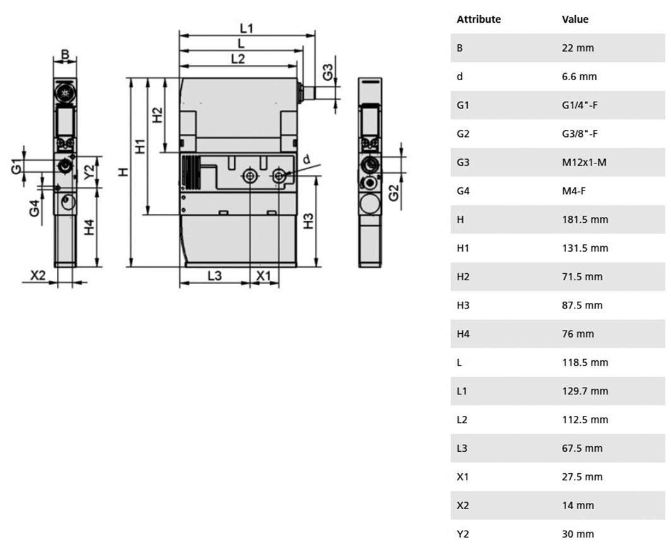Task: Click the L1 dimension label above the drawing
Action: [x=246, y=28]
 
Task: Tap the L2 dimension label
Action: [x=238, y=59]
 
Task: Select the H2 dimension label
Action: [x=158, y=115]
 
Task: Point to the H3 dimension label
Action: [x=308, y=221]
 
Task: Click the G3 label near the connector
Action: [x=328, y=72]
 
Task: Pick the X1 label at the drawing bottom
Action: [x=263, y=276]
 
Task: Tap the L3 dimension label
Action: [x=215, y=276]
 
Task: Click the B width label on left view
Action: [x=65, y=54]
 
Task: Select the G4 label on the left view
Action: [x=35, y=208]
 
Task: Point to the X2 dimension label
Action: [x=38, y=275]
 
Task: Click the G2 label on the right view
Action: [x=394, y=192]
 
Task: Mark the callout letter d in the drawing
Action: [x=306, y=160]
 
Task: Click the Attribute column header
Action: [x=478, y=20]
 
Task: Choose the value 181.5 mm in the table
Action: [x=585, y=220]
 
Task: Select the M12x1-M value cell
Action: [x=584, y=162]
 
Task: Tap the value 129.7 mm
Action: [x=585, y=391]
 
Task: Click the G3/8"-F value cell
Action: [x=579, y=134]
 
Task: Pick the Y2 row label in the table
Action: [x=463, y=534]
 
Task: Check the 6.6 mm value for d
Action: [x=579, y=76]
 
